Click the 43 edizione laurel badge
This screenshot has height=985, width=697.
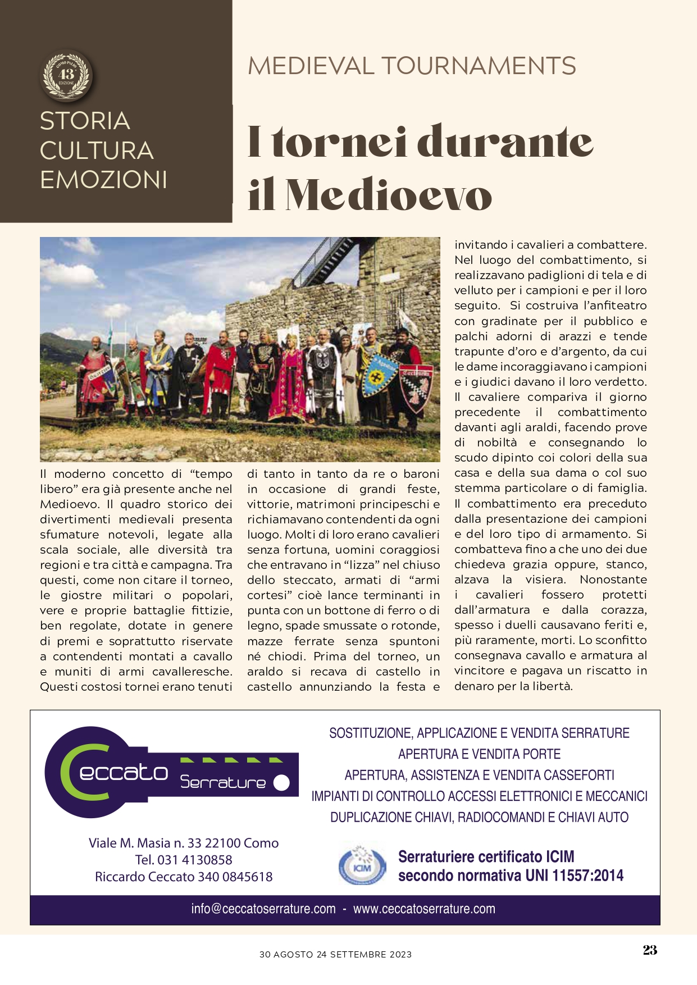67,75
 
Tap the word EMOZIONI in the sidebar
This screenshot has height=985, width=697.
103,180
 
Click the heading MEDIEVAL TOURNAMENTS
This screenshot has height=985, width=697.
412,66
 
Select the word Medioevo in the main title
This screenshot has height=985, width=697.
388,195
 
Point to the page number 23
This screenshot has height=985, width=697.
650,950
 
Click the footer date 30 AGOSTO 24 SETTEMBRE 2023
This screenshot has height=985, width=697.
335,954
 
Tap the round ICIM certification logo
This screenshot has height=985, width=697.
362,866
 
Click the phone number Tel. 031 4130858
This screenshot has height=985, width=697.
184,860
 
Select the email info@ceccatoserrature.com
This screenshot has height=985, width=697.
263,909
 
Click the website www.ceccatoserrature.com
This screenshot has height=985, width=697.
424,909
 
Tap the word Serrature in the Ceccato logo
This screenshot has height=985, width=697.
223,782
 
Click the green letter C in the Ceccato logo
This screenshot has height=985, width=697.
84,772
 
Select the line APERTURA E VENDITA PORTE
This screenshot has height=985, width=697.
479,754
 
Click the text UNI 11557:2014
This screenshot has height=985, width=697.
575,875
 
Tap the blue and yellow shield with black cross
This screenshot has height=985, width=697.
377,374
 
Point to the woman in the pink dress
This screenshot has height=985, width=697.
290,382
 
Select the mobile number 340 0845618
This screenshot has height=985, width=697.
235,877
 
